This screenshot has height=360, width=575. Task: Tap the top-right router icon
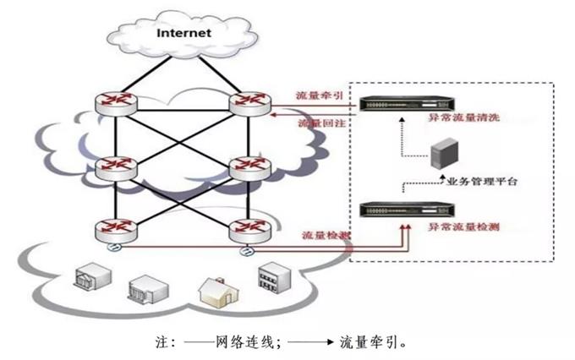pos(249,103)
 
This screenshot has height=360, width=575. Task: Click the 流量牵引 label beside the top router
pos(318,95)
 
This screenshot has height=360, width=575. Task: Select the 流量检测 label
pos(324,232)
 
